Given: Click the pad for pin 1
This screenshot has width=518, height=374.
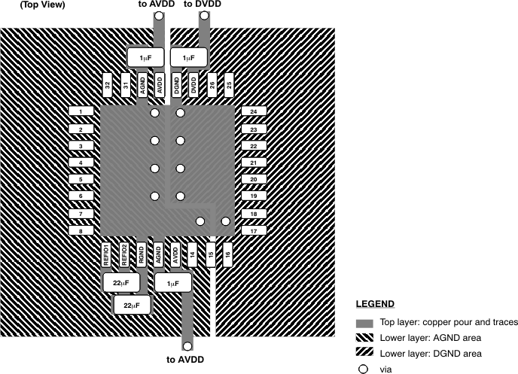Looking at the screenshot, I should pyautogui.click(x=81, y=111).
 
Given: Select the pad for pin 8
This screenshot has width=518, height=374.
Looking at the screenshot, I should pyautogui.click(x=81, y=231).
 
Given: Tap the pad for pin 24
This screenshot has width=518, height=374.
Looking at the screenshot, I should pyautogui.click(x=254, y=111).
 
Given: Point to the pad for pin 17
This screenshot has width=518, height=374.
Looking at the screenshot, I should pyautogui.click(x=254, y=231).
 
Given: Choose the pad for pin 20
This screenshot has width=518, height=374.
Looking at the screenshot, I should pyautogui.click(x=254, y=179).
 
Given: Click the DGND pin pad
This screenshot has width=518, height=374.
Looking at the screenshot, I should pyautogui.click(x=177, y=84).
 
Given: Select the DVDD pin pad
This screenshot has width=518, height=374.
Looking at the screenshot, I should pyautogui.click(x=194, y=84).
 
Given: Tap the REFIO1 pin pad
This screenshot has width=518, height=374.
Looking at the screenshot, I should pyautogui.click(x=107, y=254).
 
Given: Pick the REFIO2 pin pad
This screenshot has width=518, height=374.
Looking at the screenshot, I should pyautogui.click(x=124, y=254).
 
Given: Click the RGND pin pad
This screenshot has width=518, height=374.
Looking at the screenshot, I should pyautogui.click(x=142, y=254).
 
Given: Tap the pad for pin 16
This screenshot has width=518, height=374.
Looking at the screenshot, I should pyautogui.click(x=227, y=254).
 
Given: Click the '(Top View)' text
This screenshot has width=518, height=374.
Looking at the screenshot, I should pyautogui.click(x=43, y=5).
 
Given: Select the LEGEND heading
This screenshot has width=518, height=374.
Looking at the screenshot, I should pyautogui.click(x=375, y=304).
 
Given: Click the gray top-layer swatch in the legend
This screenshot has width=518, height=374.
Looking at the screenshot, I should pyautogui.click(x=365, y=322).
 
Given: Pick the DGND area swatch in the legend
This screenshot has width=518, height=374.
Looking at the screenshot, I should pyautogui.click(x=365, y=354).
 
